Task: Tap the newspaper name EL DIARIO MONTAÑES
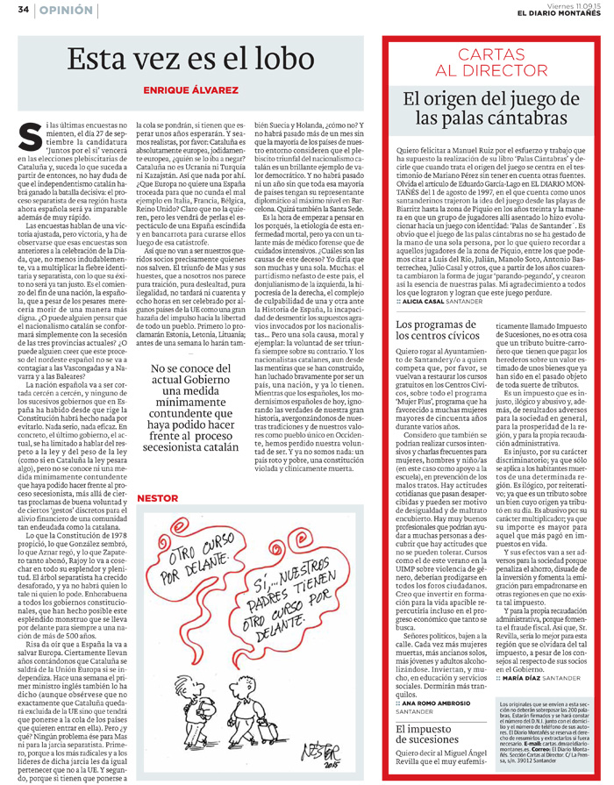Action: coord(552,12)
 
